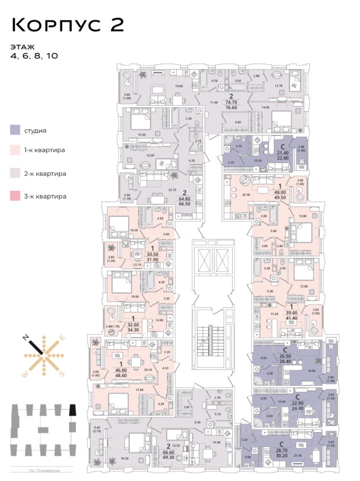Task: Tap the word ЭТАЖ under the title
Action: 22,47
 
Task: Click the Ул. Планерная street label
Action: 42,470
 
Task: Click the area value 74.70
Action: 231,100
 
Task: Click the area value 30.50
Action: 152,254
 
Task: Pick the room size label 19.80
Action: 179,86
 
